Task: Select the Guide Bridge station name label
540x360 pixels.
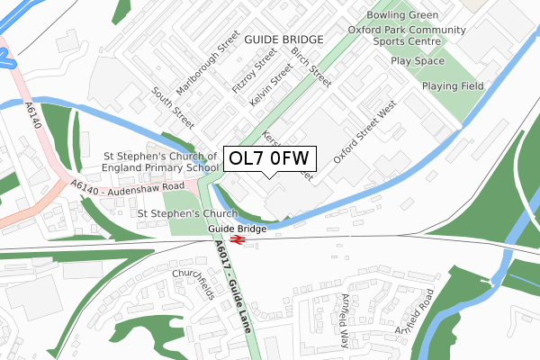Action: click(x=238, y=229)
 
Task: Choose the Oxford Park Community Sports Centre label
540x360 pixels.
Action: click(x=407, y=36)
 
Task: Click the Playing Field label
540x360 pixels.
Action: click(x=454, y=85)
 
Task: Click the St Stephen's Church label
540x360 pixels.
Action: click(x=186, y=213)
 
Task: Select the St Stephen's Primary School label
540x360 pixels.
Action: click(x=162, y=161)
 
